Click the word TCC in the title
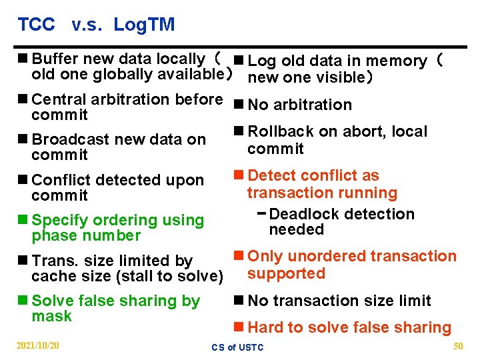36,25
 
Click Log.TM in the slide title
144,25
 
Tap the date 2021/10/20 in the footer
37,345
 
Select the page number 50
457,345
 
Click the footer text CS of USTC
237,347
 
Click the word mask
51,317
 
